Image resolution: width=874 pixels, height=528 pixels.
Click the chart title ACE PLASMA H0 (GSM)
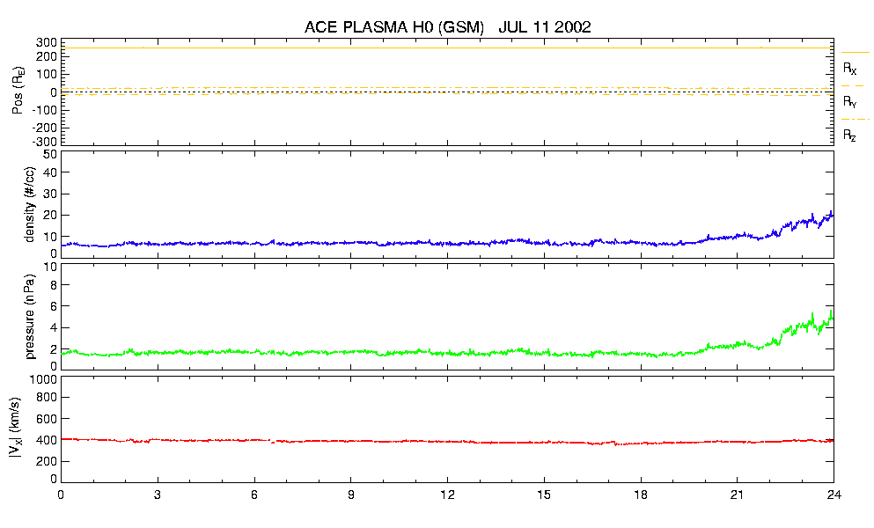pos(394,27)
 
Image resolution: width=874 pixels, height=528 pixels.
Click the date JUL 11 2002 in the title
pos(544,27)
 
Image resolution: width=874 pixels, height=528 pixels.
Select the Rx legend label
pos(850,68)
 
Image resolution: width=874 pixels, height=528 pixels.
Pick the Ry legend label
pos(850,102)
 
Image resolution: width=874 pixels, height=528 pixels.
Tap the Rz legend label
pos(850,136)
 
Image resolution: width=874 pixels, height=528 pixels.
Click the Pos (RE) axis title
pos(17,92)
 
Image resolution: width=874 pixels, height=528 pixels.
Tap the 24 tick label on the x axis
pos(833,495)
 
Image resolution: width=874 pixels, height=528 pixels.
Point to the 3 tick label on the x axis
pos(158,495)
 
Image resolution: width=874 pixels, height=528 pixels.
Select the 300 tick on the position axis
pos(47,42)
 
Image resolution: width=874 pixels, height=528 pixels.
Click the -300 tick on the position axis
pos(44,141)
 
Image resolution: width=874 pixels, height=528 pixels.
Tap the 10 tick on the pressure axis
pos(50,267)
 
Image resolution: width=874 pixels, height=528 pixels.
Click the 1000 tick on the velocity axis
pos(43,379)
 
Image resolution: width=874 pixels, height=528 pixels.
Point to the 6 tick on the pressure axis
pos(54,306)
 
